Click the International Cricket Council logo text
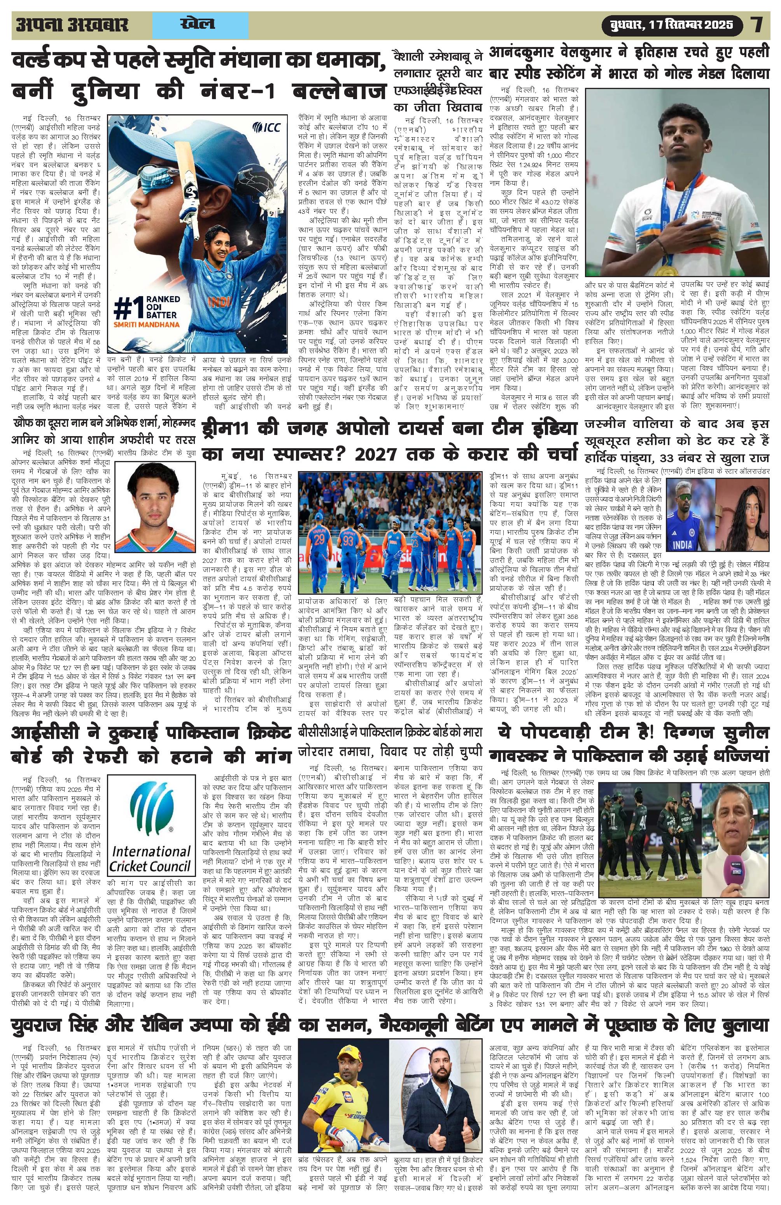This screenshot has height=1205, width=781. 151,856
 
